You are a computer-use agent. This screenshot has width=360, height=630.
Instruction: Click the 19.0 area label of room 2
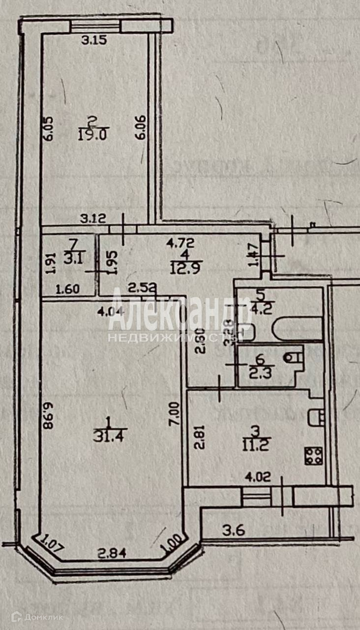(92, 134)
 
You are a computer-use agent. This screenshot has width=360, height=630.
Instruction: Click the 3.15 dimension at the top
(94, 41)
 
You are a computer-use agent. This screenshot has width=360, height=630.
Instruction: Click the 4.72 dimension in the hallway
(181, 242)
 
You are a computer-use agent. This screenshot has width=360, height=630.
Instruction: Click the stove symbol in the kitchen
(314, 455)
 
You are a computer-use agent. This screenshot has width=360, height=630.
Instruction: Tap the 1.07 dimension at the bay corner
(50, 544)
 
